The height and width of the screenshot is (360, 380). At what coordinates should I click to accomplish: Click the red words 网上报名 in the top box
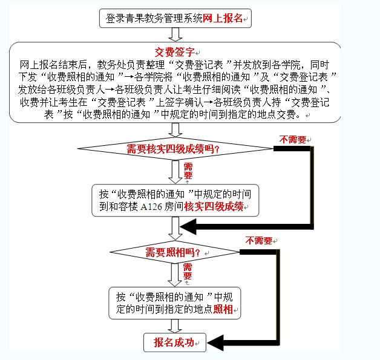pyautogui.click(x=223, y=18)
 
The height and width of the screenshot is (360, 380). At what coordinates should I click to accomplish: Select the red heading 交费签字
pyautogui.click(x=175, y=52)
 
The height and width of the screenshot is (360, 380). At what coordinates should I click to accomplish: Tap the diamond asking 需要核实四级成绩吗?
pyautogui.click(x=175, y=149)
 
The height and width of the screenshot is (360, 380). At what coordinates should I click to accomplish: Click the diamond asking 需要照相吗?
pyautogui.click(x=174, y=252)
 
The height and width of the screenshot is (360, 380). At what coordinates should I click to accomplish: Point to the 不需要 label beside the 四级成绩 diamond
pyautogui.click(x=293, y=140)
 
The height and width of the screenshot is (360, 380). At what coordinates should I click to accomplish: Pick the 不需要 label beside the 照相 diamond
pyautogui.click(x=259, y=241)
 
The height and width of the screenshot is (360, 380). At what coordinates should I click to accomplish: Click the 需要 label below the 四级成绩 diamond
pyautogui.click(x=188, y=171)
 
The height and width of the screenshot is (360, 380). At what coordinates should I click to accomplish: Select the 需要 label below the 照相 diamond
pyautogui.click(x=188, y=272)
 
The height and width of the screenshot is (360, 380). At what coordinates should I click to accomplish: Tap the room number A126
pyautogui.click(x=151, y=207)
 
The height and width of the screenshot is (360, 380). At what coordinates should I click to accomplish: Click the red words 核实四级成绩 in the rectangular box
pyautogui.click(x=214, y=207)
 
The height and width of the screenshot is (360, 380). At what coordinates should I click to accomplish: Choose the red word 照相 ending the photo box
pyautogui.click(x=223, y=309)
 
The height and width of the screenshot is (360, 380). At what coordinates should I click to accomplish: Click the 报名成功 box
pyautogui.click(x=175, y=342)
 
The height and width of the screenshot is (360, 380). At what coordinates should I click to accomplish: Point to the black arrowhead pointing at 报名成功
pyautogui.click(x=215, y=343)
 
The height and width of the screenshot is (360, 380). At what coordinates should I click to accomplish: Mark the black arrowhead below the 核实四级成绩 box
pyautogui.click(x=188, y=227)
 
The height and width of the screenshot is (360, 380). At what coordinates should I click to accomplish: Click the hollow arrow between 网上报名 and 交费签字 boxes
pyautogui.click(x=175, y=34)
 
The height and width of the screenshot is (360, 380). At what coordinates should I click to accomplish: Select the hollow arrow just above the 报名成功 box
pyautogui.click(x=175, y=326)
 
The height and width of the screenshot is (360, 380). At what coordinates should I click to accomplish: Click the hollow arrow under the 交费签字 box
pyautogui.click(x=175, y=130)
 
